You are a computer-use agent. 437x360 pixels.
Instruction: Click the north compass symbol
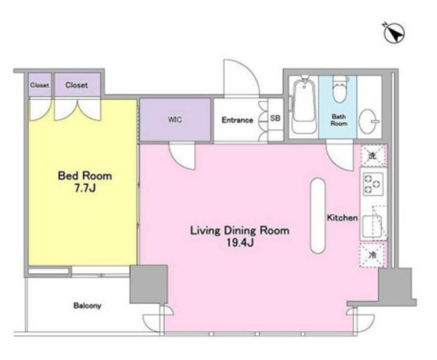(x=394, y=33)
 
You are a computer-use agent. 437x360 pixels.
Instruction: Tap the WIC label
(x=175, y=120)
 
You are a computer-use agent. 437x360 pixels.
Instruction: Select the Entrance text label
(x=237, y=120)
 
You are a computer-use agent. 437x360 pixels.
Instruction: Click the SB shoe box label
(x=275, y=118)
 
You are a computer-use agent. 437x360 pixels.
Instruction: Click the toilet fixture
(x=339, y=89)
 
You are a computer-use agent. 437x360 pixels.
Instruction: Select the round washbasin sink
(x=368, y=122)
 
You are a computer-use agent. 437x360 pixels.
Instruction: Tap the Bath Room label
(x=338, y=120)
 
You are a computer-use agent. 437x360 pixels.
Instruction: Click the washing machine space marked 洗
(x=373, y=155)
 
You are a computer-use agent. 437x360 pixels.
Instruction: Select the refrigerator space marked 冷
(x=373, y=255)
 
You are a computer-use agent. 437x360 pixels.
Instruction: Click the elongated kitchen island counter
(x=318, y=216)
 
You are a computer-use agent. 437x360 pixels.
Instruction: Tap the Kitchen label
(x=342, y=218)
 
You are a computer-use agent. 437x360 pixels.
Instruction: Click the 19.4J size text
(x=240, y=243)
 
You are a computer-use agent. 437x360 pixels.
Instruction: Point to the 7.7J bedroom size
(x=85, y=188)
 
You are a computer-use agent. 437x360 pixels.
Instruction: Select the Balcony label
(x=87, y=306)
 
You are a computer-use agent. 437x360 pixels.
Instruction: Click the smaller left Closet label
(x=40, y=85)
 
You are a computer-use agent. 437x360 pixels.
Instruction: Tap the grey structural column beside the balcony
(x=149, y=284)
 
